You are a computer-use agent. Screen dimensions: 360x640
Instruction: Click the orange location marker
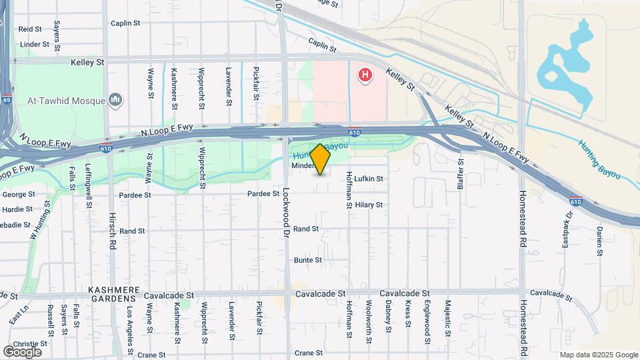coord(321,159)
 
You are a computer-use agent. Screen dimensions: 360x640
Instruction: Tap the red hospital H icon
coord(365,76)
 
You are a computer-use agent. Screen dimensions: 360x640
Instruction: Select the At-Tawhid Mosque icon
coord(116,100)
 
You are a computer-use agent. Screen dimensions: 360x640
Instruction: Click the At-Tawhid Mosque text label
coord(66,101)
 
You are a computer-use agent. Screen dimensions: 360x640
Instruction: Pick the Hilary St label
coord(369,205)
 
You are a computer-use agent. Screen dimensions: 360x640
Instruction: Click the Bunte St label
coord(308,260)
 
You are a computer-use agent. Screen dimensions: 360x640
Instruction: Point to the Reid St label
coord(30,29)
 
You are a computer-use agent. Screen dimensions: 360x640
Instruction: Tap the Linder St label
coord(35,45)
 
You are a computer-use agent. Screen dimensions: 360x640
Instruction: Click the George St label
coord(18,195)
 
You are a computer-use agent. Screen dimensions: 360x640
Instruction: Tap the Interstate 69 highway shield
coord(6,100)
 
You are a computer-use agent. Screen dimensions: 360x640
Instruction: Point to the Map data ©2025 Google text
coord(599,355)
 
